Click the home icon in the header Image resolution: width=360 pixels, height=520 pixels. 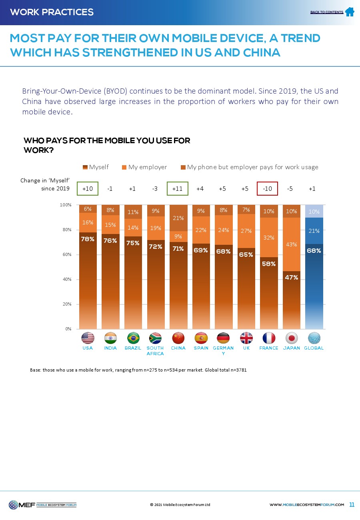click(350, 12)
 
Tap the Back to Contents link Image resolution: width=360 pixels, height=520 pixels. click(326, 12)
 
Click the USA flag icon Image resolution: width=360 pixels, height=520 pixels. click(88, 338)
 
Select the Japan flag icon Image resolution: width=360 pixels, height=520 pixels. click(292, 338)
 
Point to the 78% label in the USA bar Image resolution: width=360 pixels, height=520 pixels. click(88, 239)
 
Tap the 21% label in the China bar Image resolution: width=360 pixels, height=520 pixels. click(178, 218)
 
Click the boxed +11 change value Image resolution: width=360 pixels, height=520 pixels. click(177, 188)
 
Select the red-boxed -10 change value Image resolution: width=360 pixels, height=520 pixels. click(267, 188)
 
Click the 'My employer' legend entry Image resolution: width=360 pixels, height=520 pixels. click(144, 167)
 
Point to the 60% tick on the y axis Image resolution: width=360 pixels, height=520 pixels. click(66, 254)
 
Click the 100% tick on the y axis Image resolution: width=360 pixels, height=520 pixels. click(65, 205)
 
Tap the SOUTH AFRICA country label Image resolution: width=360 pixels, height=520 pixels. click(155, 351)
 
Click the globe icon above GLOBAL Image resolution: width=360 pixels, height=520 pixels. click(314, 338)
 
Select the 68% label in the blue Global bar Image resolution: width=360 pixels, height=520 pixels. click(314, 250)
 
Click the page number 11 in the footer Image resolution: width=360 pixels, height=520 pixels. click(352, 504)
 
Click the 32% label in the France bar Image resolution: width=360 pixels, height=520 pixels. click(269, 238)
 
